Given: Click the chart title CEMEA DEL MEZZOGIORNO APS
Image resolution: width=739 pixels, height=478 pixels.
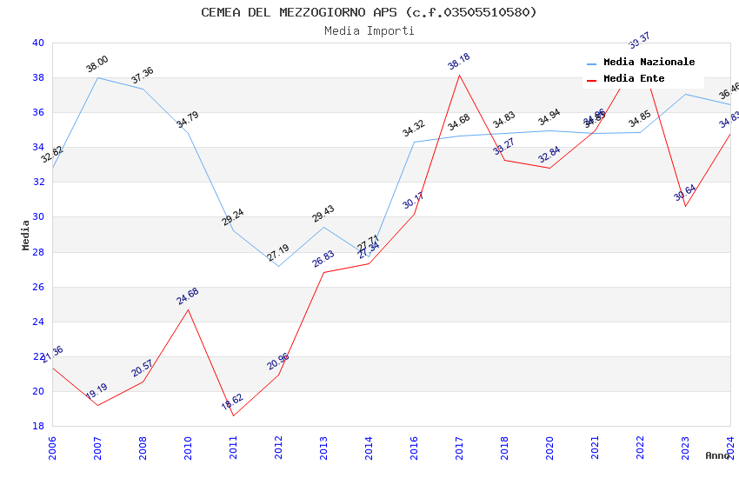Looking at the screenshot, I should pyautogui.click(x=369, y=12).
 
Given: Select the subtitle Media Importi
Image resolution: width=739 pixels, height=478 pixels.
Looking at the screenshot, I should pyautogui.click(x=369, y=30).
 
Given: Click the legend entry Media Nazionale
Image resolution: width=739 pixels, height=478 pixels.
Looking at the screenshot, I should pyautogui.click(x=649, y=63).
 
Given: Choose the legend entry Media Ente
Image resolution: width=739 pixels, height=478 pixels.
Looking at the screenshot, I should pyautogui.click(x=634, y=79).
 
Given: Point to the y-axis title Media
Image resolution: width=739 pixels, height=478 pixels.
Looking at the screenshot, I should pyautogui.click(x=26, y=235).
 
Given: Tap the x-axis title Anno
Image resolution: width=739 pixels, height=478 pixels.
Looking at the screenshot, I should pyautogui.click(x=717, y=455).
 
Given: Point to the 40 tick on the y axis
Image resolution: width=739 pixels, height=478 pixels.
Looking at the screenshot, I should pyautogui.click(x=38, y=43).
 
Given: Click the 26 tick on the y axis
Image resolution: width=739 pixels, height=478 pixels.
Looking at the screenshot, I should pyautogui.click(x=38, y=287).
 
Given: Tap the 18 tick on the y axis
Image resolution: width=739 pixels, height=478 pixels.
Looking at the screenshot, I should pyautogui.click(x=38, y=426).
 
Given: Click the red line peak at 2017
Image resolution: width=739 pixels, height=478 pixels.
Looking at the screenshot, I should pyautogui.click(x=459, y=75).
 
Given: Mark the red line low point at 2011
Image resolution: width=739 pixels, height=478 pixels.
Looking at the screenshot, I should pyautogui.click(x=233, y=415).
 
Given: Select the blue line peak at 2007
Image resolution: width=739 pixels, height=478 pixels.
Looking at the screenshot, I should pyautogui.click(x=97, y=77).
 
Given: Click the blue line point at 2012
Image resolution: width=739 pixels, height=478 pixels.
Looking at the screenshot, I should pyautogui.click(x=278, y=266).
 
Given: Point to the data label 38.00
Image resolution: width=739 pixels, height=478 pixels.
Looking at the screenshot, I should pyautogui.click(x=97, y=63).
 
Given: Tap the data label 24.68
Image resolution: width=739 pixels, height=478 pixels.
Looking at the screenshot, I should pyautogui.click(x=188, y=295).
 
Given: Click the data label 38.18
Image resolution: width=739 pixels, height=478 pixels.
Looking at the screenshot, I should pyautogui.click(x=458, y=61).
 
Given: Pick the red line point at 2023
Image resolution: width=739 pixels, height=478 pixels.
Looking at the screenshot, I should pyautogui.click(x=685, y=206).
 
